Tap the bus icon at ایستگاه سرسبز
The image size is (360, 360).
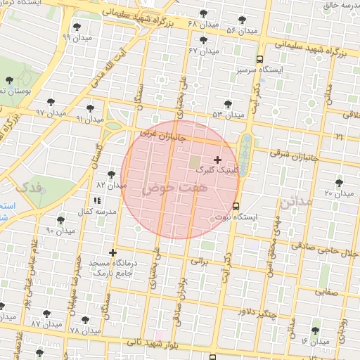pyautogui.click(x=261, y=60)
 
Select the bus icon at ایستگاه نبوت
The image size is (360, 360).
pyautogui.click(x=236, y=207)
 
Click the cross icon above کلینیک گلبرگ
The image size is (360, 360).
pyautogui.click(x=217, y=160)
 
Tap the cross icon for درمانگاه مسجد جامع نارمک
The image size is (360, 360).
pyautogui.click(x=112, y=252)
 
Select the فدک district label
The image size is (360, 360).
pyautogui.click(x=29, y=188)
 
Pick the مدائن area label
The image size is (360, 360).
pyautogui.click(x=295, y=202)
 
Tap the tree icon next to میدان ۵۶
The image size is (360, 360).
pyautogui.click(x=243, y=20)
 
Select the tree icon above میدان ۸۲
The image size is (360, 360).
pyautogui.click(x=111, y=174)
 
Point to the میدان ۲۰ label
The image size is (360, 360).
pyautogui.click(x=338, y=193)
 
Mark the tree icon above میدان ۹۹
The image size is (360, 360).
pyautogui.click(x=76, y=27)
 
